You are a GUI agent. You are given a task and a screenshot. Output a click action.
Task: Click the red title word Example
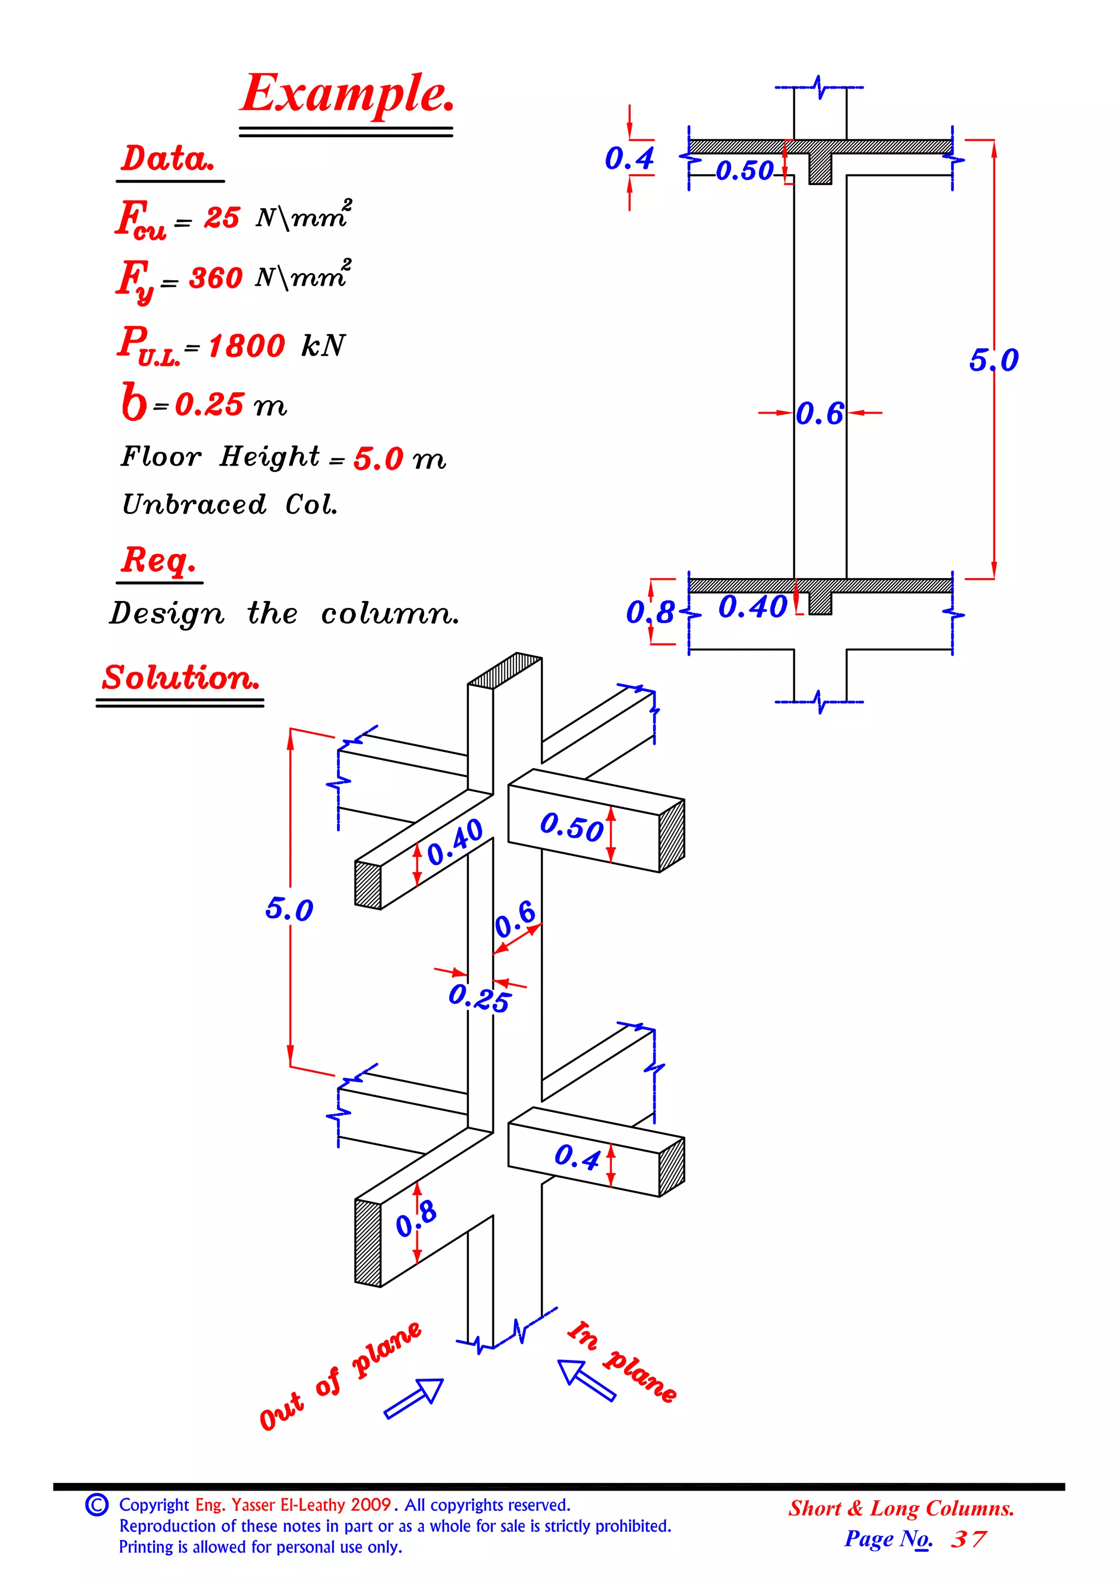click(347, 95)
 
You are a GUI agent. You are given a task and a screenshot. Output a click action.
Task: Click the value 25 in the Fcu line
click(221, 218)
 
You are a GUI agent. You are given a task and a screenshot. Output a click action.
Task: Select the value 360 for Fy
click(215, 278)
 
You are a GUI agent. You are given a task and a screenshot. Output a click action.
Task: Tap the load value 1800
click(246, 345)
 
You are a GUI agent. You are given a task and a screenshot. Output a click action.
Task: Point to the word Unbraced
click(194, 505)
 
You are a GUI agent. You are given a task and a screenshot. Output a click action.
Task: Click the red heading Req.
click(158, 560)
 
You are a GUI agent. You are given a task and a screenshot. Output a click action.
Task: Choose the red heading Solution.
click(181, 678)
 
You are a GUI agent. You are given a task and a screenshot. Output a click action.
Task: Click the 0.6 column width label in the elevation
click(819, 414)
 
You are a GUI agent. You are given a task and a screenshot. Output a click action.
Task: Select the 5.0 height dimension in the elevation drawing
click(993, 360)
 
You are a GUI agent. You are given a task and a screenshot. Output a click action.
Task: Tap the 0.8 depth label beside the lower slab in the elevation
click(650, 612)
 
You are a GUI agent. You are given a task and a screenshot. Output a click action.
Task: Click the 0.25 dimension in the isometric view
click(479, 998)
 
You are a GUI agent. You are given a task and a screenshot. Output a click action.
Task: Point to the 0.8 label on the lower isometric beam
click(416, 1219)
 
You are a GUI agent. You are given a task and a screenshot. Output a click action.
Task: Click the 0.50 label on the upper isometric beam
click(572, 826)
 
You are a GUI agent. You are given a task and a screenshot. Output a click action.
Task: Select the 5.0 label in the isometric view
click(289, 909)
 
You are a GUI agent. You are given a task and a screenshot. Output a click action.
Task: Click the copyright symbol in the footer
click(97, 1504)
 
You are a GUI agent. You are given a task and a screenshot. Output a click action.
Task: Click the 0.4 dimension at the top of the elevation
click(629, 158)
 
